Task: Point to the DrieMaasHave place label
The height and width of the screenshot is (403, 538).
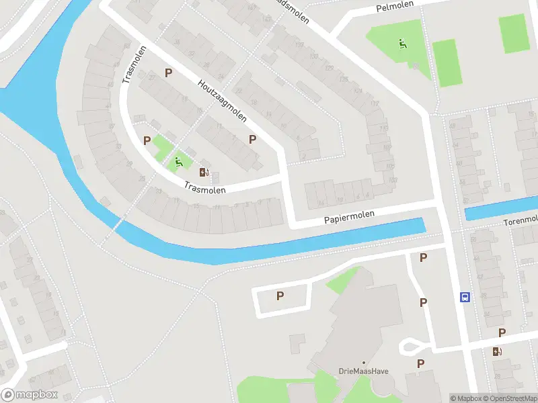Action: click(364, 371)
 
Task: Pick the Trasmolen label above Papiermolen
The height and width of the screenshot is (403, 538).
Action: click(204, 189)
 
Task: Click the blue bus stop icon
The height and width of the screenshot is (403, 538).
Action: click(464, 297)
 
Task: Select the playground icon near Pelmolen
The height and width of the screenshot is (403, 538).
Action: click(402, 44)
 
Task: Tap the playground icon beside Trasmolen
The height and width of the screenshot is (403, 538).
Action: click(179, 161)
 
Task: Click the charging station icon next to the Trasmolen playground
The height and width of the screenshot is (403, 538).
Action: click(204, 172)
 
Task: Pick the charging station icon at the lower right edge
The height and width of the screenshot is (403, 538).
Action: click(497, 351)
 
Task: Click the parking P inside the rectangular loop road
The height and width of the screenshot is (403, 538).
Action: click(280, 296)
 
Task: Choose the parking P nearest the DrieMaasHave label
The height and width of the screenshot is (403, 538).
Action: click(420, 364)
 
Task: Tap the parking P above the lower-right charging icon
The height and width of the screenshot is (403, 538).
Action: click(502, 333)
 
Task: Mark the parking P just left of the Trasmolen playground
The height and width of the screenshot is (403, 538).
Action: click(147, 140)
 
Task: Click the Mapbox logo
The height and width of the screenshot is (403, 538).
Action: click(30, 395)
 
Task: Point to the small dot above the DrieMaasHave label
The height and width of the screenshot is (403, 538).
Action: click(364, 363)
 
